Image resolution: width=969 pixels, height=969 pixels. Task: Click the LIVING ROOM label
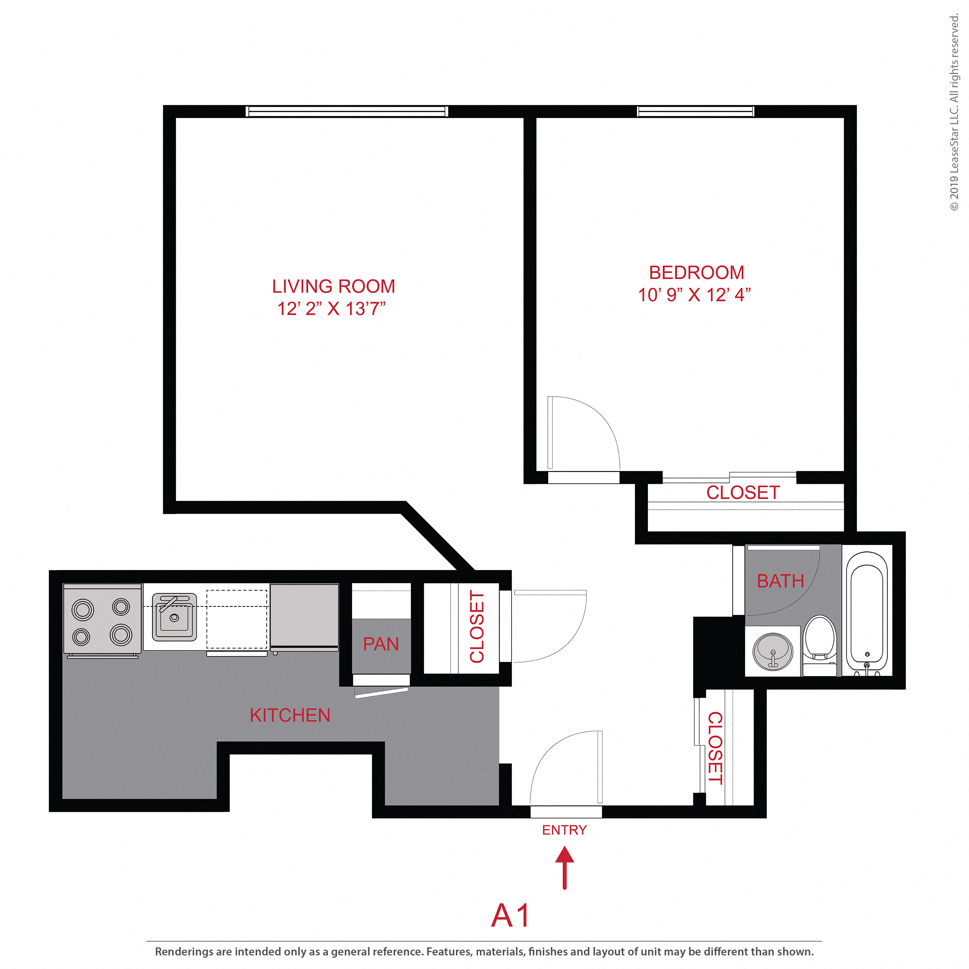(x=334, y=287)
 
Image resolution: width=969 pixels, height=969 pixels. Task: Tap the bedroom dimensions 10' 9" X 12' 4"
(x=694, y=295)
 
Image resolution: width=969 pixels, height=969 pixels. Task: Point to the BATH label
(x=780, y=581)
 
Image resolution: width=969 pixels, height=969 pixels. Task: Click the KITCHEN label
(x=290, y=715)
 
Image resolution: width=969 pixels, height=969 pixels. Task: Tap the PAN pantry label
(x=381, y=644)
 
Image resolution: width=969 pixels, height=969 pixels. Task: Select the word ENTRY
(x=564, y=830)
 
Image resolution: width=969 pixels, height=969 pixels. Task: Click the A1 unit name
(x=510, y=916)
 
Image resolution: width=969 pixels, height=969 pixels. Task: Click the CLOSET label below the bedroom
(x=743, y=493)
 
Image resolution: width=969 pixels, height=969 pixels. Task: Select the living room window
(x=347, y=111)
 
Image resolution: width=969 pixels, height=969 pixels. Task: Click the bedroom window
(x=695, y=111)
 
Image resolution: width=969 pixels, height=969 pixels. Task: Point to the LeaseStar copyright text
(x=954, y=113)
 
